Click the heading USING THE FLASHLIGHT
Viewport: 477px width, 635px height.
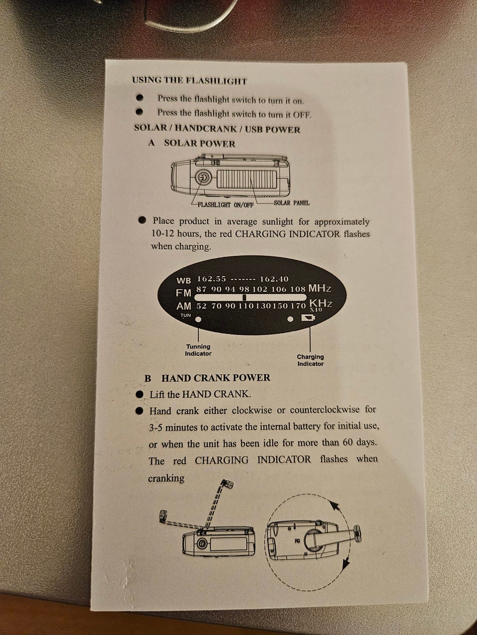click(x=190, y=81)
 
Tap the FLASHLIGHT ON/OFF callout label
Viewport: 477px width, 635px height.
click(x=225, y=205)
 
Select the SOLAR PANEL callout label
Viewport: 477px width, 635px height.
click(x=292, y=203)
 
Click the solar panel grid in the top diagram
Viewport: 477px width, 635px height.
click(x=247, y=179)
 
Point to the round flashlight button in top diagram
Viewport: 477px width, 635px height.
click(x=202, y=177)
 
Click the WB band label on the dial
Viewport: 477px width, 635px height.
click(x=184, y=280)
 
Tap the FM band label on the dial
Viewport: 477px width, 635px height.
click(x=184, y=293)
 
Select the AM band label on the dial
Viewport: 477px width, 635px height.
click(x=184, y=306)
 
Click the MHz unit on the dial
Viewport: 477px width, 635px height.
click(x=319, y=288)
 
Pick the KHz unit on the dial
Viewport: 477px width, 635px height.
click(x=321, y=304)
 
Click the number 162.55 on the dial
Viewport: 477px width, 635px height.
click(x=211, y=279)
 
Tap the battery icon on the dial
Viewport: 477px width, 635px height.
click(x=308, y=318)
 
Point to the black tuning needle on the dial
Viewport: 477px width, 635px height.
click(x=244, y=298)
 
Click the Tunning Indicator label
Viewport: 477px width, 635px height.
click(x=198, y=350)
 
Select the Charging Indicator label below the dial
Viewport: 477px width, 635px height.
click(x=310, y=360)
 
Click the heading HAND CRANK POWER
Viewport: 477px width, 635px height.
click(x=216, y=378)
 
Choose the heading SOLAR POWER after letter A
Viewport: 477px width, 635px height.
click(x=200, y=143)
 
